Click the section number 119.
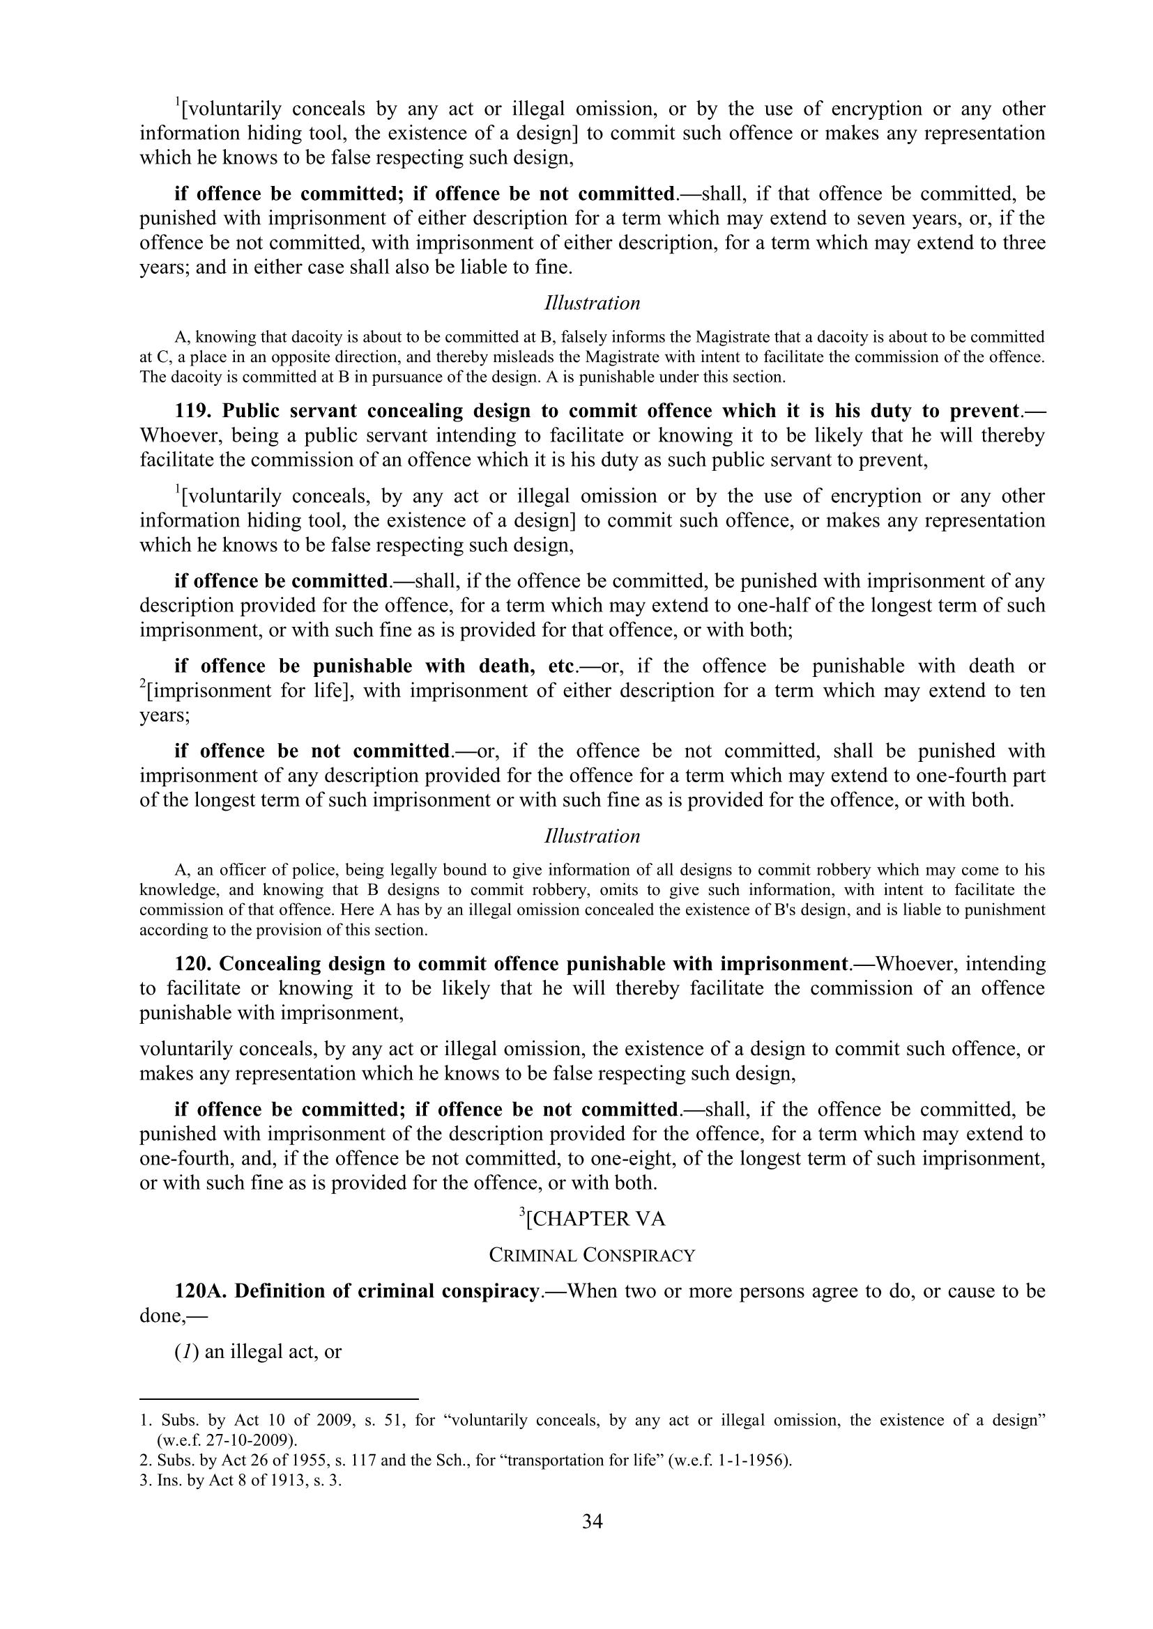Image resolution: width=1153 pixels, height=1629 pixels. click(194, 412)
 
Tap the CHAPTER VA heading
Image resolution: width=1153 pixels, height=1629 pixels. click(595, 1219)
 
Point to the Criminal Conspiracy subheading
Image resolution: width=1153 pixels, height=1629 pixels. click(592, 1256)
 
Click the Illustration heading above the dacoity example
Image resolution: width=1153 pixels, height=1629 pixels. click(592, 304)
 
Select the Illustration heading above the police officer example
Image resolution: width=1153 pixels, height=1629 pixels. click(592, 836)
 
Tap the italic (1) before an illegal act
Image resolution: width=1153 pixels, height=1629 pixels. click(187, 1352)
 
